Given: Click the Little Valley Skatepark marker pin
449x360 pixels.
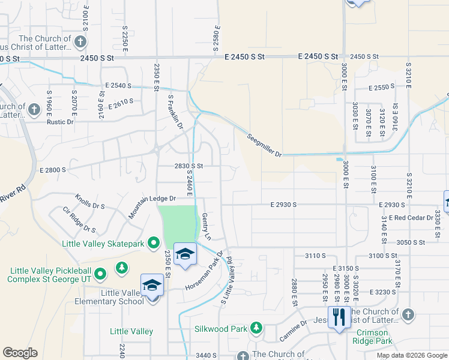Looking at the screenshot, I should coord(154,243).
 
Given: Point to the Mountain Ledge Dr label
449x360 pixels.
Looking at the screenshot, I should coord(152,199).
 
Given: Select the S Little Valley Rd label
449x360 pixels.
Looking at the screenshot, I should coord(226,281).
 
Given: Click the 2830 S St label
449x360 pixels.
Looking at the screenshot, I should coord(189,166).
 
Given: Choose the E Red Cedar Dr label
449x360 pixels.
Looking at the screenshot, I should coord(411,217).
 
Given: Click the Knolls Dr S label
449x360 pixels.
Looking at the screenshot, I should coord(90,202).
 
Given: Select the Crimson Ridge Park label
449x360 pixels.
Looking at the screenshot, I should coord(374,337).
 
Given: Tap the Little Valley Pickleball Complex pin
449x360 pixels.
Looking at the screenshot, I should coord(100,274).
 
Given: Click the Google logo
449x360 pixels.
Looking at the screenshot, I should coord(20,353).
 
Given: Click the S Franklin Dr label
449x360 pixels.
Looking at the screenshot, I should coord(175,112).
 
